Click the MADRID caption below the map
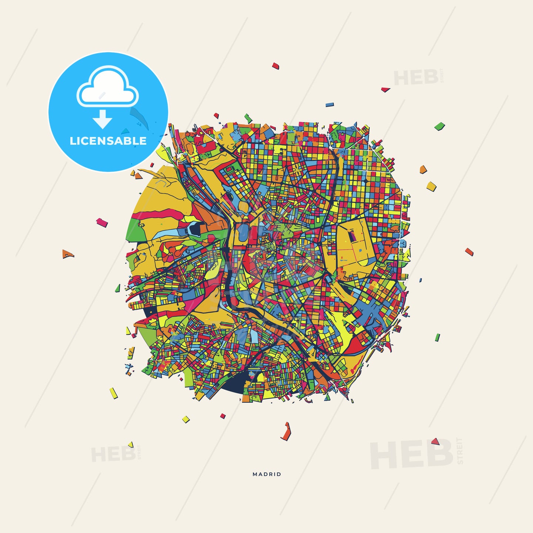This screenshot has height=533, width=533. coord(267,474)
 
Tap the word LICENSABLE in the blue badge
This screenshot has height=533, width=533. coord(108,141)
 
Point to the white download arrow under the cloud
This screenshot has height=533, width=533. coord(103,119)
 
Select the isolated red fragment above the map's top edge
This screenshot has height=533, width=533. coord(275,66)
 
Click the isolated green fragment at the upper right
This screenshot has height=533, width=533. coord(439,126)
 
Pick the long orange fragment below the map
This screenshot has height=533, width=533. coord(286,432)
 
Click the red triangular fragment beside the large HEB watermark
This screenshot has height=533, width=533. coord(435,441)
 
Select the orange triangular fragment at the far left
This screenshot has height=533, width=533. coord(68,254)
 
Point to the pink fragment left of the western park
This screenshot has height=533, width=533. coord(102,222)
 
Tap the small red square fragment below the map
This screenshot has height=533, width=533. coord(223,416)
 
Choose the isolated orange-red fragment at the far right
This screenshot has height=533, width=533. coord(469,252)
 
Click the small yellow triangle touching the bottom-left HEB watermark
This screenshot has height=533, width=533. coord(131,444)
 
